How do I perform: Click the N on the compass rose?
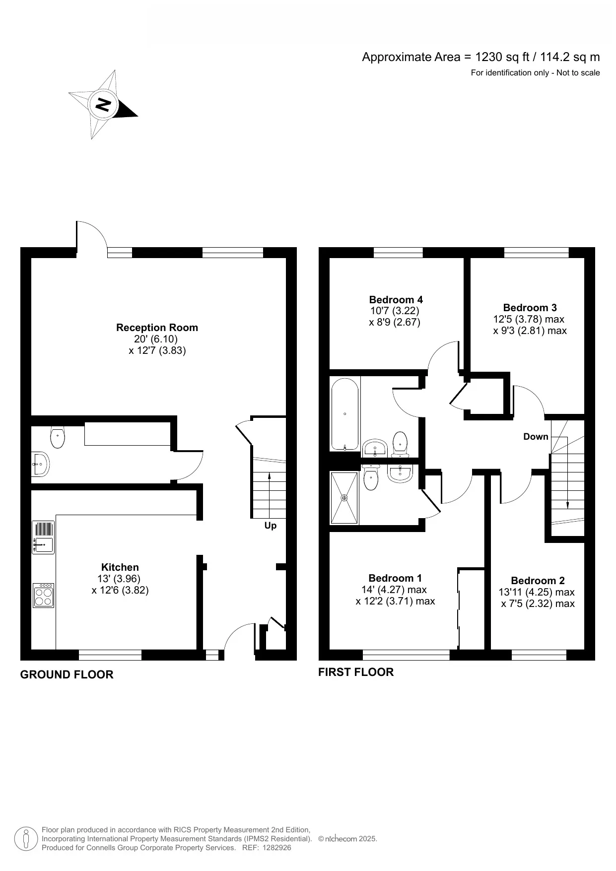click(x=103, y=105)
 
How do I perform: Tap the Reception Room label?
click(x=157, y=328)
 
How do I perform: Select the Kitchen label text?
click(x=120, y=567)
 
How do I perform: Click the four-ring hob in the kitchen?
click(x=43, y=595)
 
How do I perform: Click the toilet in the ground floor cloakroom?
click(x=58, y=437)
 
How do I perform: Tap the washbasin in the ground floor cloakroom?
click(x=39, y=464)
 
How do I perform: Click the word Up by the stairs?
click(x=271, y=526)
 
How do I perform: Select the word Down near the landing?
click(x=536, y=437)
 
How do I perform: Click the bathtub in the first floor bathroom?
click(x=344, y=415)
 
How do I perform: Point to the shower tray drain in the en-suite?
click(x=344, y=497)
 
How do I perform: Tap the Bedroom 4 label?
click(x=396, y=300)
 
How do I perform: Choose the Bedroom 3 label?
click(x=530, y=308)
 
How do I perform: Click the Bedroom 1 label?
click(x=395, y=578)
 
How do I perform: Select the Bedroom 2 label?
click(x=538, y=581)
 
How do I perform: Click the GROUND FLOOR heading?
click(x=67, y=674)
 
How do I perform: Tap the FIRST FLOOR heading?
click(x=355, y=672)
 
